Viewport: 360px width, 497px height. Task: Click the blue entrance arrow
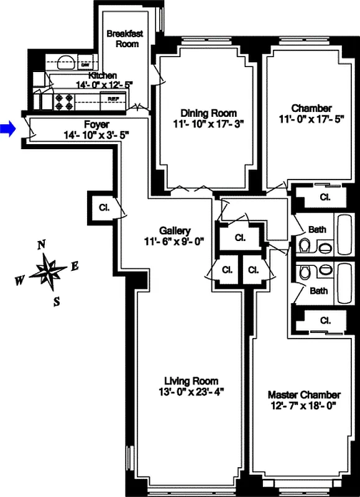pos(7,129)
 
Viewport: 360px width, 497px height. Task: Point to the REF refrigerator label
pos(113,99)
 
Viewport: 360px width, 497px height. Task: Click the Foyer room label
pos(96,124)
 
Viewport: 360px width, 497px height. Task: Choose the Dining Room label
pos(208,113)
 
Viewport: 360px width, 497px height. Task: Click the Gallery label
pos(175,230)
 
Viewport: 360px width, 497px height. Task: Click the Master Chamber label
pos(304,394)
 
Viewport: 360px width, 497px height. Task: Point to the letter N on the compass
pos(41,245)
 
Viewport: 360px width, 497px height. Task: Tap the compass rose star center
pos(48,271)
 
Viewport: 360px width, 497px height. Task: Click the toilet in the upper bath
pos(305,246)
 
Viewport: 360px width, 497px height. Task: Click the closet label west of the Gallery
pos(104,208)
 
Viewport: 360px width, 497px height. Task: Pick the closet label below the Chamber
pos(324,197)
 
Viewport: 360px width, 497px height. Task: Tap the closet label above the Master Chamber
pos(324,321)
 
